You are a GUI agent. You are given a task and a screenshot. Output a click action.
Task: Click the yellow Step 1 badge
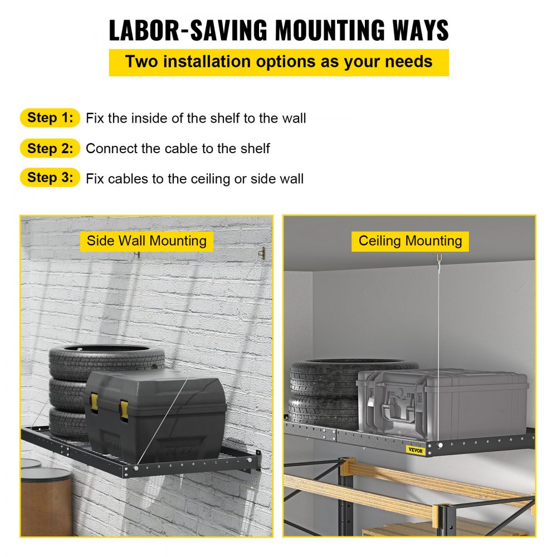(x=50, y=118)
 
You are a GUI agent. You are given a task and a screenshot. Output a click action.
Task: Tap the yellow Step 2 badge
(x=50, y=148)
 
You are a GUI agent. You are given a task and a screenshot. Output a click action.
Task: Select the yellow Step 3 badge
(x=50, y=177)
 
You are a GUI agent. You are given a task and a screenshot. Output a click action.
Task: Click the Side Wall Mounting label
(x=146, y=241)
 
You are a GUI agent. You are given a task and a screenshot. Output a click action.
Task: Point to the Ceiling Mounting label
(x=410, y=241)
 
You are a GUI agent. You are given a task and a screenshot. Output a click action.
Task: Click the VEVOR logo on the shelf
(x=416, y=450)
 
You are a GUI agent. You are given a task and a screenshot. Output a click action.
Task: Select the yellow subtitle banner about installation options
(x=279, y=62)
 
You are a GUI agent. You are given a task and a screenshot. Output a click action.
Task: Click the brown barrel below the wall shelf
(x=47, y=501)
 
